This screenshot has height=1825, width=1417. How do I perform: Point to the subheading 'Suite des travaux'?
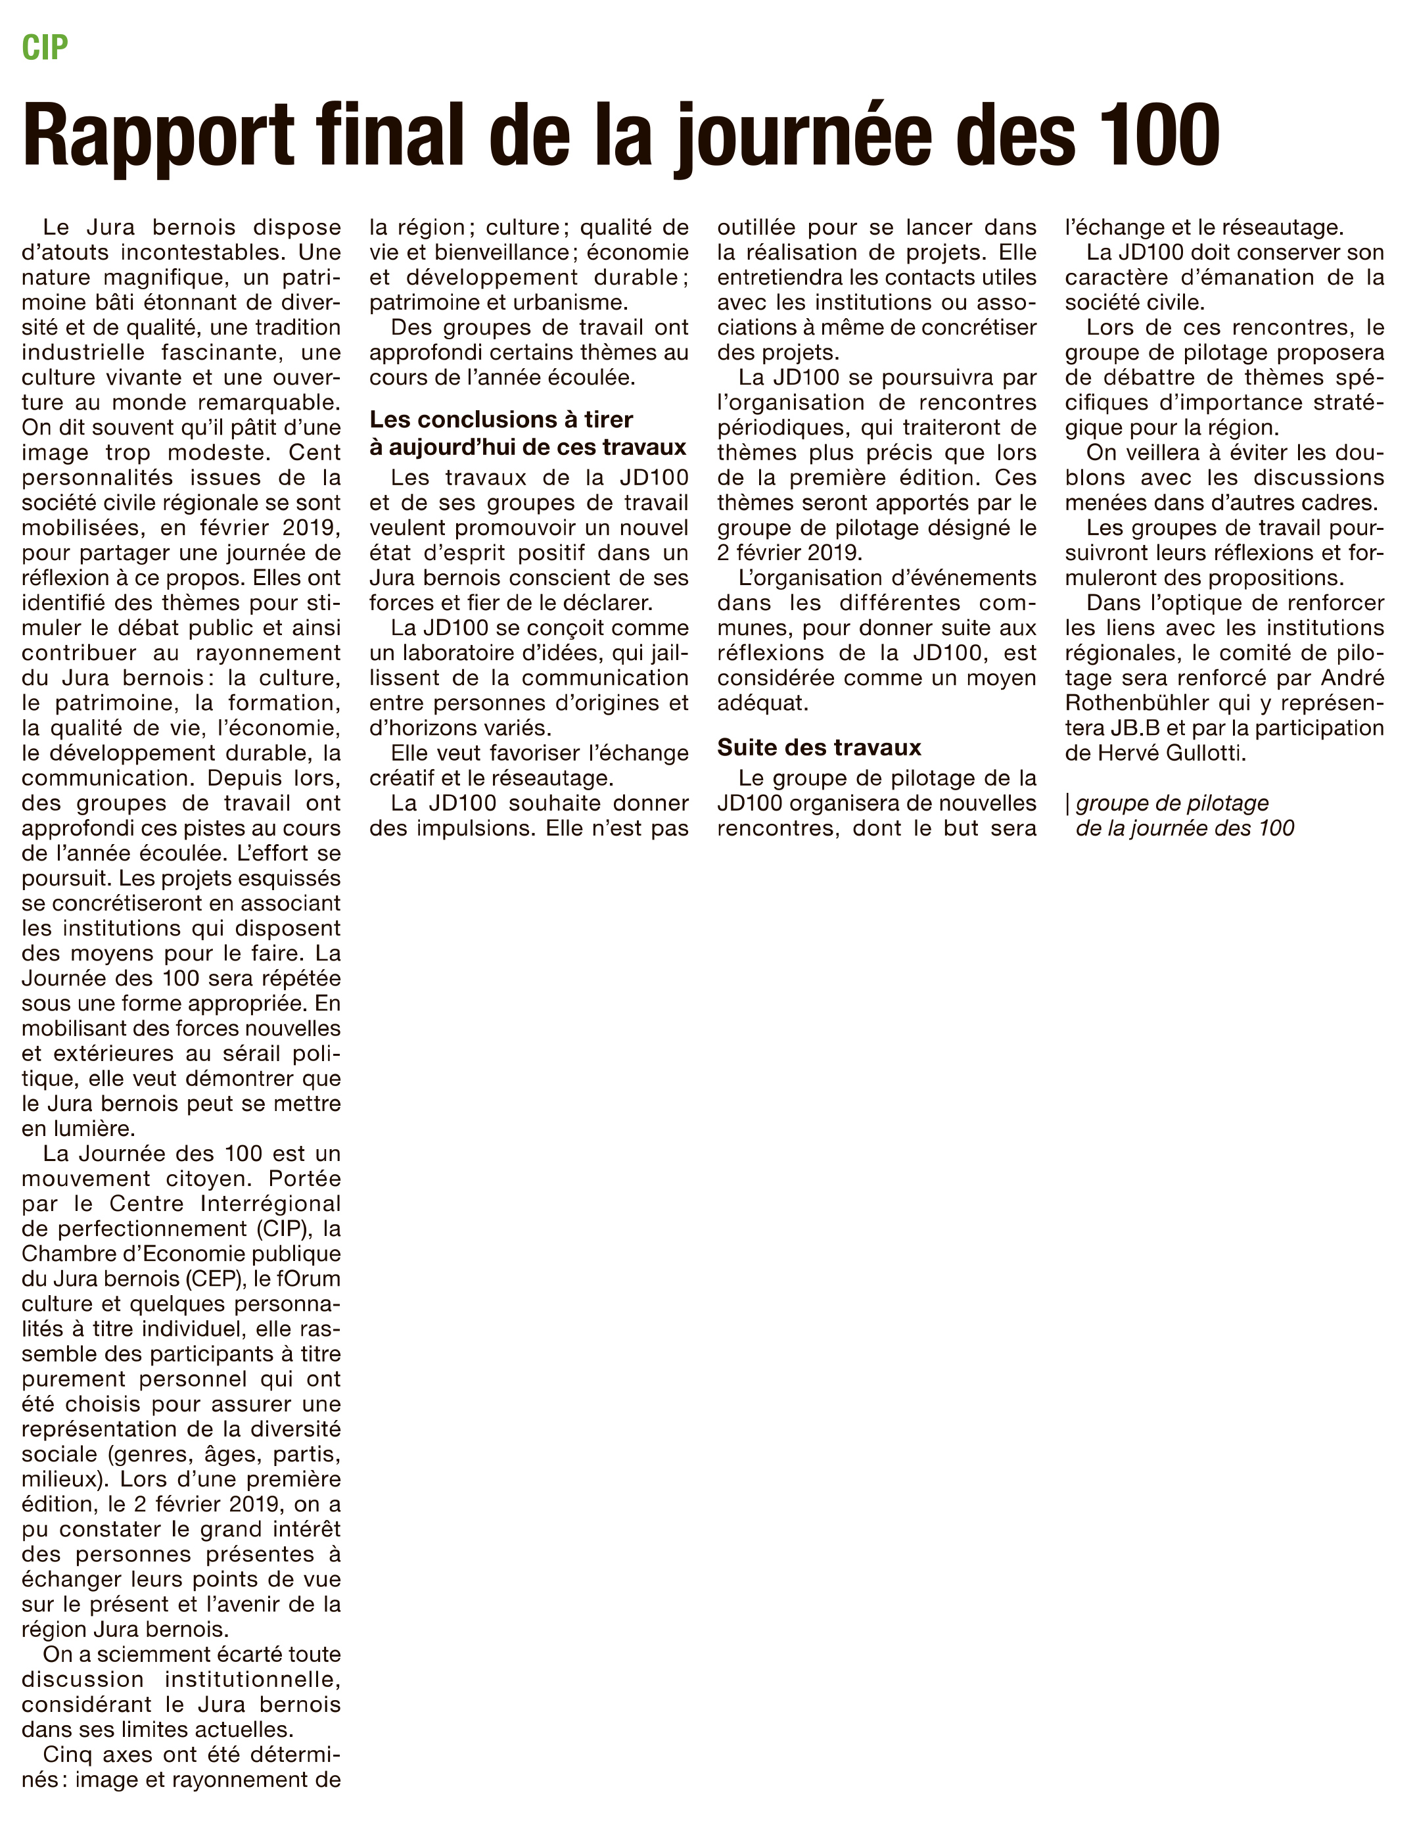tap(819, 747)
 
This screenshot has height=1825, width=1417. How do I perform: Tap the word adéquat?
tap(762, 703)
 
